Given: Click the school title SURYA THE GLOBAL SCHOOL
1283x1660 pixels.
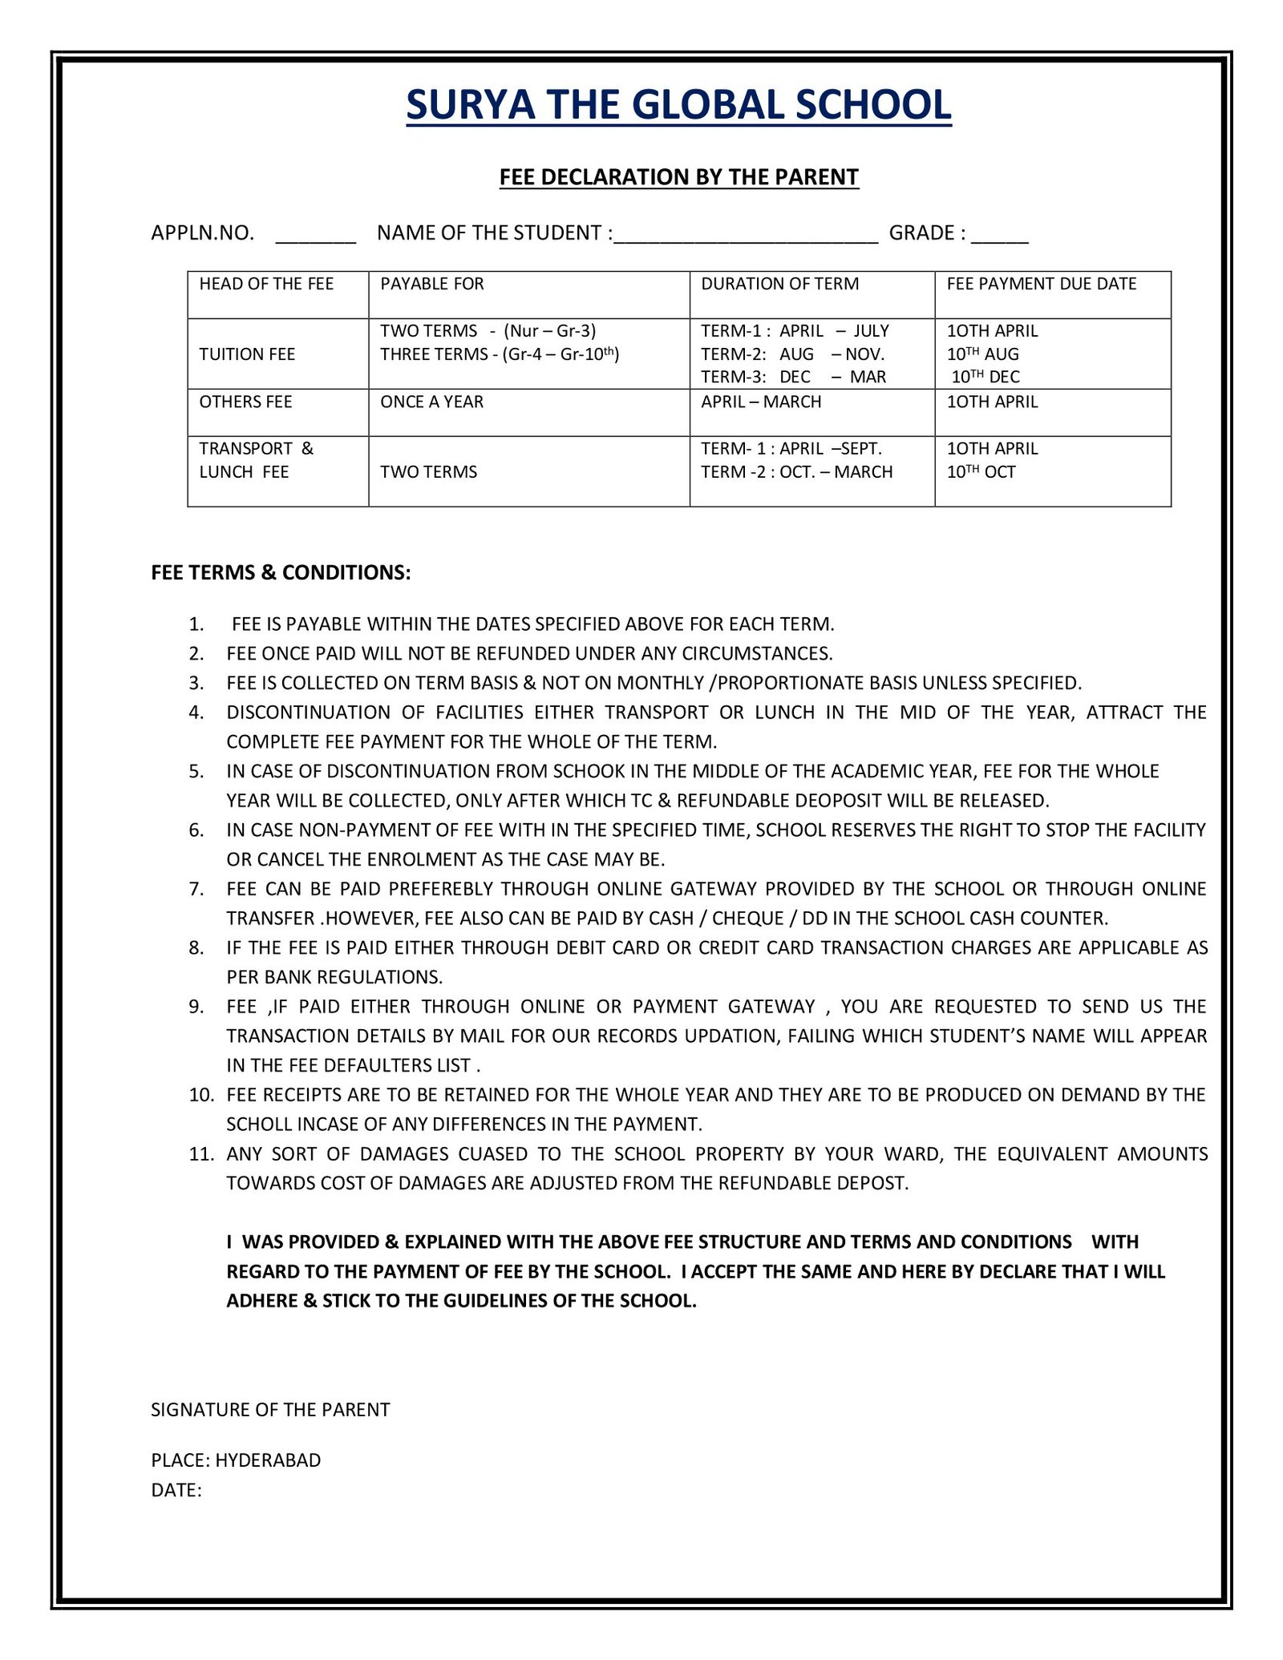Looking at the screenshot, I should pyautogui.click(x=678, y=105).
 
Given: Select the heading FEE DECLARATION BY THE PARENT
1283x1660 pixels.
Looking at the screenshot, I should pyautogui.click(x=678, y=177).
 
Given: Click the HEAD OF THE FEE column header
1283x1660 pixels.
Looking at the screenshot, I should pyautogui.click(x=266, y=284).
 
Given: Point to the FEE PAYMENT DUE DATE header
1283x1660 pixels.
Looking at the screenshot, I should pyautogui.click(x=1041, y=284).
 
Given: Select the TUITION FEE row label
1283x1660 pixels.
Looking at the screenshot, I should pyautogui.click(x=247, y=354).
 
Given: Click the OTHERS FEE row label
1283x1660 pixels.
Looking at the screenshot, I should pyautogui.click(x=245, y=402).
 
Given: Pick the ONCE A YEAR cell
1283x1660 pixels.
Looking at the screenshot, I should pyautogui.click(x=431, y=402).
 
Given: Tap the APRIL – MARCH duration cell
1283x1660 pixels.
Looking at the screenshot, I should pyautogui.click(x=761, y=402).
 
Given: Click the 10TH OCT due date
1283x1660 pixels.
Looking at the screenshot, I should pyautogui.click(x=981, y=472).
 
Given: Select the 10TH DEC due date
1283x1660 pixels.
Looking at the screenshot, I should pyautogui.click(x=986, y=377).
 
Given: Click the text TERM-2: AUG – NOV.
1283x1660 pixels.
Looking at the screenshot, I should pyautogui.click(x=792, y=354).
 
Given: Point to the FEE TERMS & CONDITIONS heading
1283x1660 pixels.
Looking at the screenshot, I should pyautogui.click(x=281, y=572).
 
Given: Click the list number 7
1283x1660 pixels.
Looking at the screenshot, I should pyautogui.click(x=196, y=889).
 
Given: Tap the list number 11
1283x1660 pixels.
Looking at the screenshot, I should pyautogui.click(x=201, y=1154).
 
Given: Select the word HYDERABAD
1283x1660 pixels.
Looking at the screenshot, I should pyautogui.click(x=268, y=1460).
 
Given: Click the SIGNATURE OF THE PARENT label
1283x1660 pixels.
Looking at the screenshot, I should pyautogui.click(x=270, y=1410).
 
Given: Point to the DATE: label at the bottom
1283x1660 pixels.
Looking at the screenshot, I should pyautogui.click(x=176, y=1490).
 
